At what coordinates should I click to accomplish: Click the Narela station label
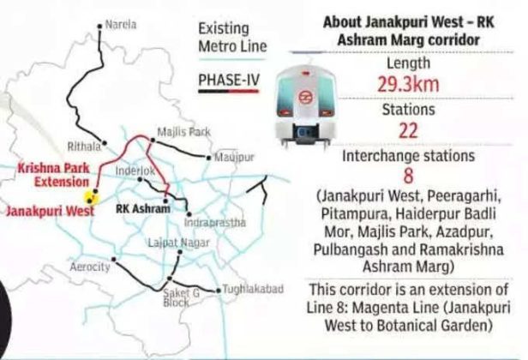coord(122,26)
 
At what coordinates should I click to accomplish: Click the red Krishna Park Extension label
coord(53,175)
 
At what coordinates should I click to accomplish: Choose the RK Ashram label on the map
coord(141,207)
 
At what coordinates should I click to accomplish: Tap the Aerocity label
coord(92,267)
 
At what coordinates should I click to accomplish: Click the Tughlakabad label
coord(253,291)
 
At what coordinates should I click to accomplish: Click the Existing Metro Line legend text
coord(229,36)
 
